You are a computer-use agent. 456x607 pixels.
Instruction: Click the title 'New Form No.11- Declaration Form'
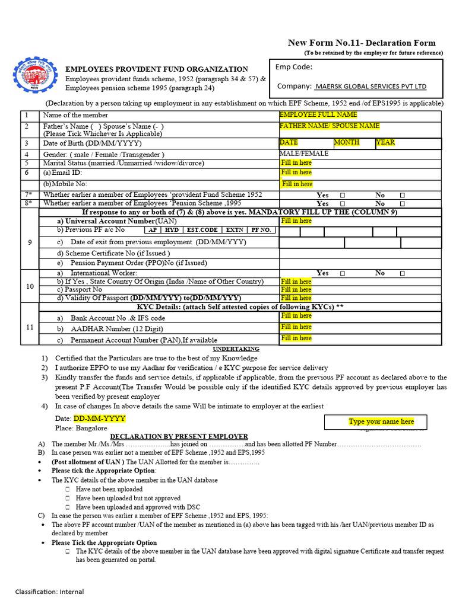(362, 43)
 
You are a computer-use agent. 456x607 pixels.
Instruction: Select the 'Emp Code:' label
(293, 67)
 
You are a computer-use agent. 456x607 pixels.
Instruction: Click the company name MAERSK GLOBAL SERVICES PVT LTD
(370, 87)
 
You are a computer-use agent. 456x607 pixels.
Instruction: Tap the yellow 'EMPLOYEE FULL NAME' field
(318, 114)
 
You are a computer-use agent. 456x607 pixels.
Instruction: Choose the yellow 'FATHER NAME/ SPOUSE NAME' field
(330, 126)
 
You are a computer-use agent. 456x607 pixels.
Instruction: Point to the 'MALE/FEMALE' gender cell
(304, 154)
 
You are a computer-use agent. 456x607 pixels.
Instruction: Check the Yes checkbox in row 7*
(342, 195)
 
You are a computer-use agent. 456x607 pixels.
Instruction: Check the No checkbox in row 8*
(402, 203)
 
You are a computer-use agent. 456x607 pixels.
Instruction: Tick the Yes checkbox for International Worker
(342, 273)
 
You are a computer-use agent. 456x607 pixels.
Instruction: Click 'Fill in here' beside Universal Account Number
(296, 221)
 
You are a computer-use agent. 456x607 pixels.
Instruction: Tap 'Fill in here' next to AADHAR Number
(296, 327)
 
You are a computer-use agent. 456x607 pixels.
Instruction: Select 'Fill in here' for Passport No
(296, 290)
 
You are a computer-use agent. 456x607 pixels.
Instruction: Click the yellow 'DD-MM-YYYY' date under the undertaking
(99, 418)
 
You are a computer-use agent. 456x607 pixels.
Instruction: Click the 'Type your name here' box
(381, 421)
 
